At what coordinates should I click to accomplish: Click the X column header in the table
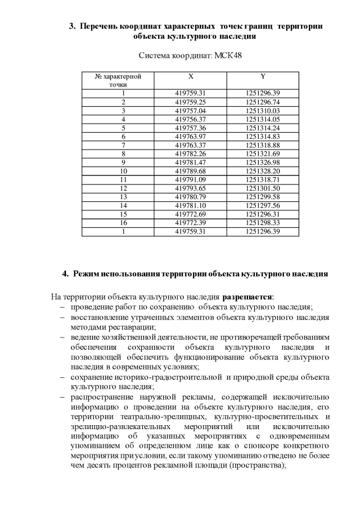point(191,76)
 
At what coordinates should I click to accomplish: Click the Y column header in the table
point(263,76)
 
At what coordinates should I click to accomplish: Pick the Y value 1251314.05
point(263,119)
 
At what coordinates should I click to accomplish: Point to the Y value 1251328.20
point(263,171)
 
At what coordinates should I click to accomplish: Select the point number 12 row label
point(123,188)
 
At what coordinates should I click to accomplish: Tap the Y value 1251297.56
point(263,205)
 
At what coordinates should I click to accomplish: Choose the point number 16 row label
point(123,223)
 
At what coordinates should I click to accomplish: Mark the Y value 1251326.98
point(263,162)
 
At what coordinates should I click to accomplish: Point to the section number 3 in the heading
point(71,26)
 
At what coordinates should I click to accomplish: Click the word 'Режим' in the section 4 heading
point(85,274)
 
